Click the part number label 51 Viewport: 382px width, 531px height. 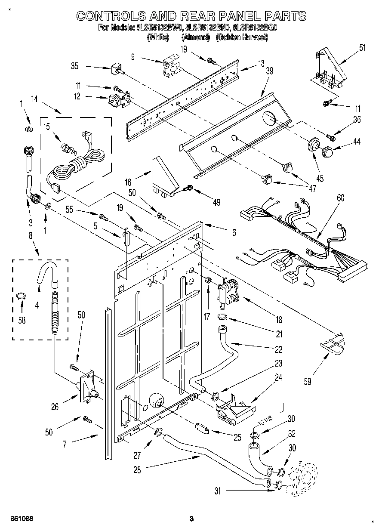click(x=362, y=47)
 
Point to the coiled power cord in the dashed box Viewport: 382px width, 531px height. click(x=82, y=166)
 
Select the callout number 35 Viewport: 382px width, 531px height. click(x=75, y=66)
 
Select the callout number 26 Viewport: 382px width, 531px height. click(x=55, y=406)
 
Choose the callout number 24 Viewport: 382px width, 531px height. click(x=278, y=378)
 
